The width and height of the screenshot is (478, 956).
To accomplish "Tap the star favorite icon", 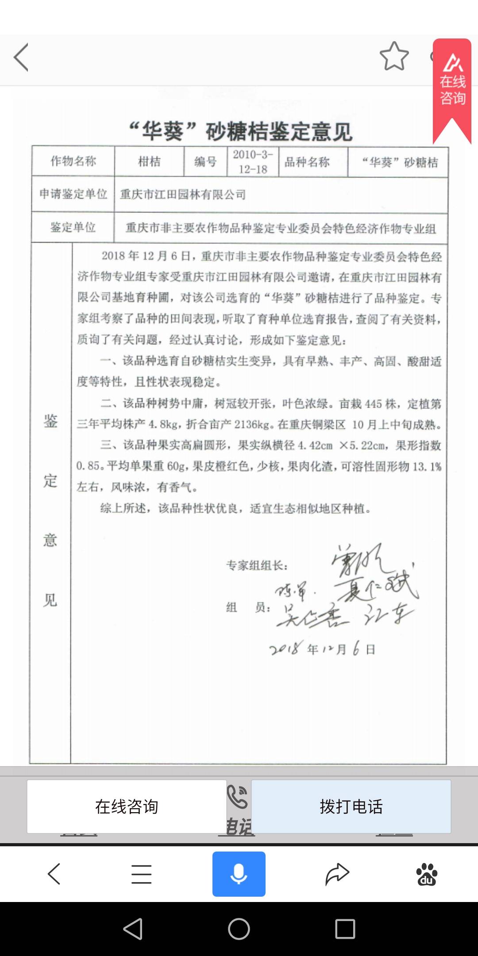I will pos(394,56).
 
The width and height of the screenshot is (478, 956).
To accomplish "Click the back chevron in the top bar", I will pos(21,57).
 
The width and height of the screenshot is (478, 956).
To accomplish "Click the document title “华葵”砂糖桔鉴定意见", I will pos(240,131).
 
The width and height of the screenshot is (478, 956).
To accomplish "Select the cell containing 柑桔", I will pos(149,162).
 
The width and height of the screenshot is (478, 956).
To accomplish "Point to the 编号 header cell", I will pos(205,162).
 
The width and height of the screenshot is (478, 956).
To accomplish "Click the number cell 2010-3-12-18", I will pos(253,162).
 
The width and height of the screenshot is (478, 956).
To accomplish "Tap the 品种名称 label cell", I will pos(307,162).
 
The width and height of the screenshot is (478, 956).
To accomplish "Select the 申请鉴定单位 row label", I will pos(73,194).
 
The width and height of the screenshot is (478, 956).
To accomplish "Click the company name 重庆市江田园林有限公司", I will pos(183,194).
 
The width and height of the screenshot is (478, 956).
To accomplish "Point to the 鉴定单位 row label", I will pos(73,227).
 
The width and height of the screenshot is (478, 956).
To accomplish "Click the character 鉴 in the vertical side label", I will pos(50,421).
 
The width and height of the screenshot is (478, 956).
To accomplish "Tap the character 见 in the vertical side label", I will pos(50,600).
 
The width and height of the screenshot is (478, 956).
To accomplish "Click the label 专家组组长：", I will pos(257,565).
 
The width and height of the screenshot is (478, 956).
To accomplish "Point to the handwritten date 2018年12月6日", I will pos(322,649).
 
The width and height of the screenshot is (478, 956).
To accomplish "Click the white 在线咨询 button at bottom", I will pos(127,806).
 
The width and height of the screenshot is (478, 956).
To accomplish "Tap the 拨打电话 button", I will pos(351,806).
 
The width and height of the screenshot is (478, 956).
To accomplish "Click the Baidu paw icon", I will pos(426,874).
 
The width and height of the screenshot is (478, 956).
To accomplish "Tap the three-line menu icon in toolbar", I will pos(141,874).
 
